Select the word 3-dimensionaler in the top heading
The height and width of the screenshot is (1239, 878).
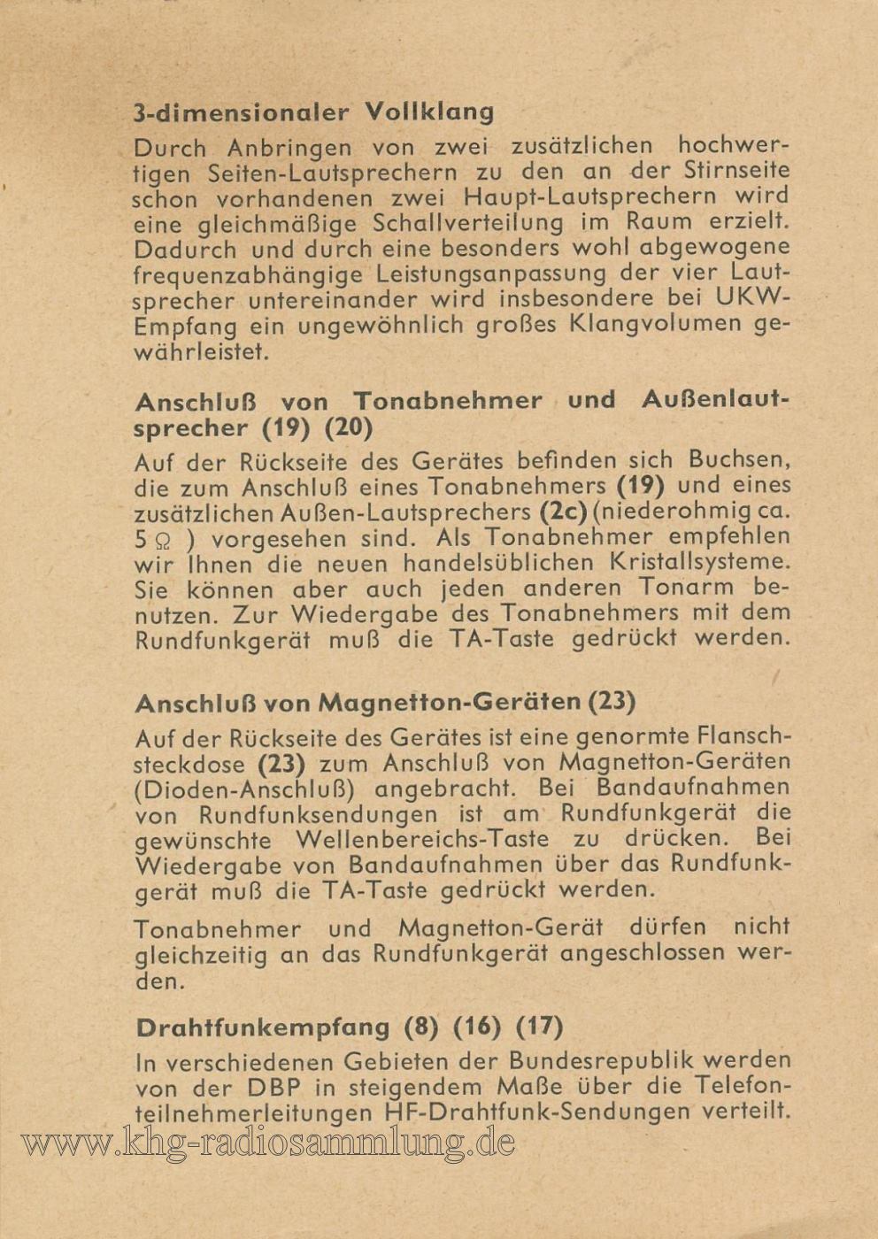tap(241, 113)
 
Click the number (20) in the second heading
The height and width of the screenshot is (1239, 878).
tap(349, 427)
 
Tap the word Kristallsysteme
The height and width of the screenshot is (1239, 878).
tap(699, 562)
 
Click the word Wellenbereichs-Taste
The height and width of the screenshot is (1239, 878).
tap(422, 839)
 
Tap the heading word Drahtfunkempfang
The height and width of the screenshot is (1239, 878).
tap(263, 1027)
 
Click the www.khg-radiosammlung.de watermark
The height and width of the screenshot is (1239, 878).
tap(267, 1143)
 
